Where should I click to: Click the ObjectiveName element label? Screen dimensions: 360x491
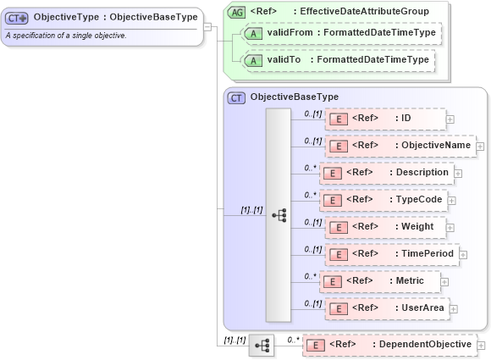433,146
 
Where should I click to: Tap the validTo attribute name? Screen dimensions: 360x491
284,60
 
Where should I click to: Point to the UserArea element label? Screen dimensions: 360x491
420,307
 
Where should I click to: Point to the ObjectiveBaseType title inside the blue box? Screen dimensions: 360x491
294,97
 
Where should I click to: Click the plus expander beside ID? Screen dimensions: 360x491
450,119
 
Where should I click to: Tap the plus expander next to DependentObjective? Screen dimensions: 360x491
481,346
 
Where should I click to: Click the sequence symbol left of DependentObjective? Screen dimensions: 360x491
262,346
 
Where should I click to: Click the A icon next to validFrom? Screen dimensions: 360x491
252,32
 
